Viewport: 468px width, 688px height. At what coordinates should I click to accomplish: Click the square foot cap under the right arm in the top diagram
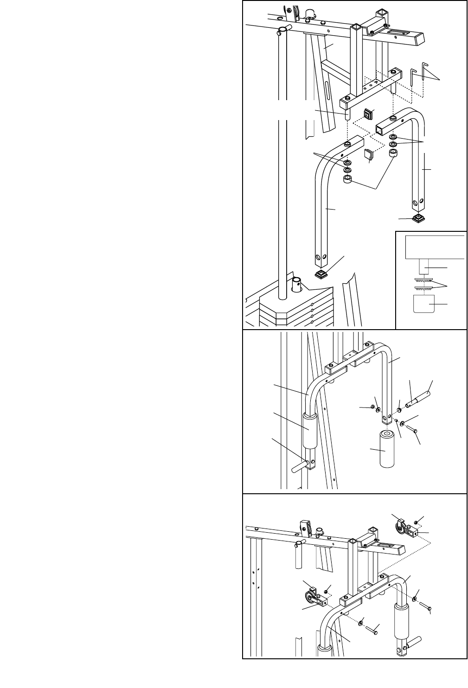coord(419,219)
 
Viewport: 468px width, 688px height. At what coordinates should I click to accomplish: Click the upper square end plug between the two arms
coord(369,114)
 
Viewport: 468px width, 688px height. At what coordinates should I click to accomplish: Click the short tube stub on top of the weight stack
coord(297,285)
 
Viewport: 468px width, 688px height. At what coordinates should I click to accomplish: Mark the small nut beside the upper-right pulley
coord(417,522)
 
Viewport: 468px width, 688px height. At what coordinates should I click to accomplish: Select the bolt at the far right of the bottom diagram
coord(426,605)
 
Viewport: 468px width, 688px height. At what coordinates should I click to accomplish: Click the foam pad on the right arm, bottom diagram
coord(401,620)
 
